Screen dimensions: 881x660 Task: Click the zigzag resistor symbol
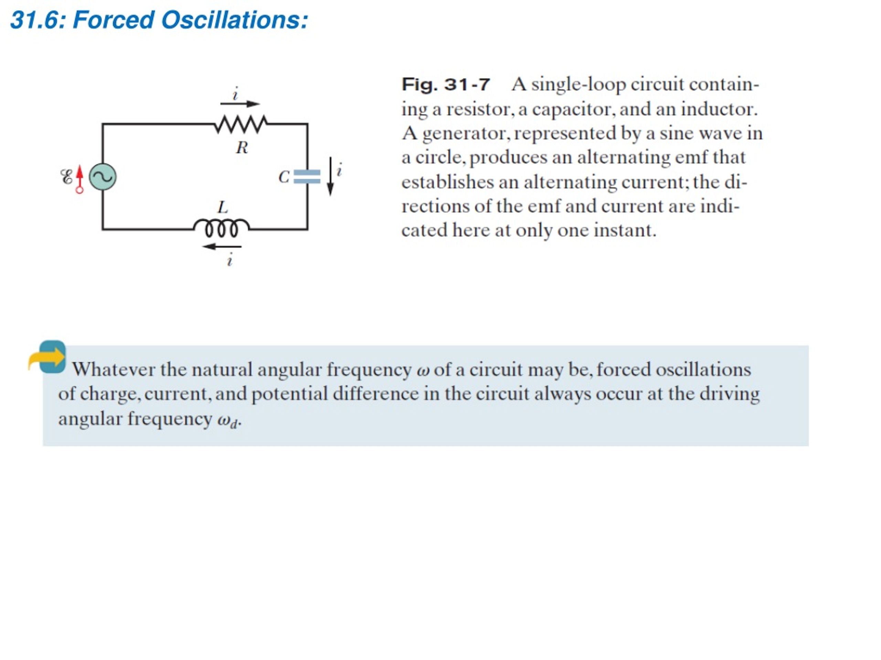(241, 124)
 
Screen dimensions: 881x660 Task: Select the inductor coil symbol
(221, 228)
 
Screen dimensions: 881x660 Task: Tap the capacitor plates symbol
(307, 177)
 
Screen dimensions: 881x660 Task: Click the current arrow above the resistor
(240, 104)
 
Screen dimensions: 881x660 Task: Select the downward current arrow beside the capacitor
(330, 177)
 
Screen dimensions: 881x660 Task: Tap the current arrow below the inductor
(222, 247)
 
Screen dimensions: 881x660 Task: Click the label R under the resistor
(242, 147)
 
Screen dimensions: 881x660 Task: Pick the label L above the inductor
(223, 207)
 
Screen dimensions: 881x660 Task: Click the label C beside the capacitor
(284, 177)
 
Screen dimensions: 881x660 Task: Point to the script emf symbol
(66, 177)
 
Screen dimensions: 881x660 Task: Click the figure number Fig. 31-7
(446, 84)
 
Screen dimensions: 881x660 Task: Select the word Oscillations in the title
(235, 20)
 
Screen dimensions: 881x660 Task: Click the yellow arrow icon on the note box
(47, 357)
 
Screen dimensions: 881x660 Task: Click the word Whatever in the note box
(114, 369)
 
